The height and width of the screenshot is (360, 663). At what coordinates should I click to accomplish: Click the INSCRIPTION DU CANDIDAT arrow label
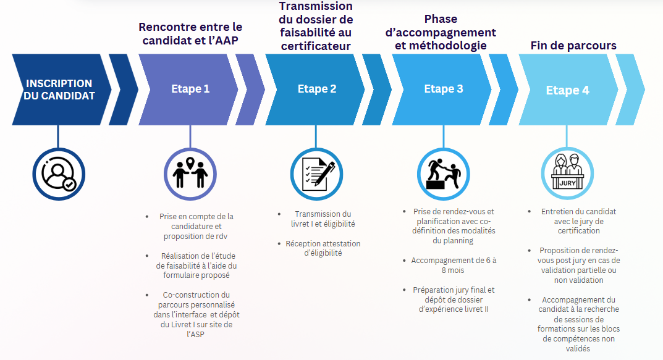[x=59, y=90]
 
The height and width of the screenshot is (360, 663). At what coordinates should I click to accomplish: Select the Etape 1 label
[x=190, y=89]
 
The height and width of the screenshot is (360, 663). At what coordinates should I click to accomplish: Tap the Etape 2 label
[x=317, y=89]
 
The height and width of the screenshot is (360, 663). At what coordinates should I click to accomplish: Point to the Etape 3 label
[x=444, y=89]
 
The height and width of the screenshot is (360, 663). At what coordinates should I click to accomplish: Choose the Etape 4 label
[x=567, y=90]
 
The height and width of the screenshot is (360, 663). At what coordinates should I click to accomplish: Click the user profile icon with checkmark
[x=59, y=174]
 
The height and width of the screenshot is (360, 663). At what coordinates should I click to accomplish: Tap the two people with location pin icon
[x=190, y=174]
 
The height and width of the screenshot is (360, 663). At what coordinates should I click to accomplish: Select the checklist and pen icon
[x=317, y=174]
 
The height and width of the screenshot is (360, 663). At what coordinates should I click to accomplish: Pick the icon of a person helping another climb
[x=444, y=174]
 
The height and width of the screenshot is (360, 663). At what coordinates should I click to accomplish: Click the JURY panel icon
[x=567, y=174]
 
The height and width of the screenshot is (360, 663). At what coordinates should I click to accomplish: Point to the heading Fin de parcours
[x=573, y=45]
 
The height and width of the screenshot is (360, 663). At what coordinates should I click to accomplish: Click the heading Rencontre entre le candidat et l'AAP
[x=190, y=34]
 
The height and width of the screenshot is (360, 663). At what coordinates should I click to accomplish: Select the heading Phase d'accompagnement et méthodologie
[x=441, y=32]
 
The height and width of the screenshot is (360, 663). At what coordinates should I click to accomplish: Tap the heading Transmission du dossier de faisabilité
[x=316, y=26]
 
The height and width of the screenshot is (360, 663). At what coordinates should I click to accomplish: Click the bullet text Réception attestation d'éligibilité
[x=323, y=248]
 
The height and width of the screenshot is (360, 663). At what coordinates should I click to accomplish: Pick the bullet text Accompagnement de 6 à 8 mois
[x=454, y=266]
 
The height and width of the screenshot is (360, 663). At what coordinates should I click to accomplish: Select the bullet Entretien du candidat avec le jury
[x=578, y=221]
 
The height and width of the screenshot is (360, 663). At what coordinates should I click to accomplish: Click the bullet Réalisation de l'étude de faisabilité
[x=196, y=266]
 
